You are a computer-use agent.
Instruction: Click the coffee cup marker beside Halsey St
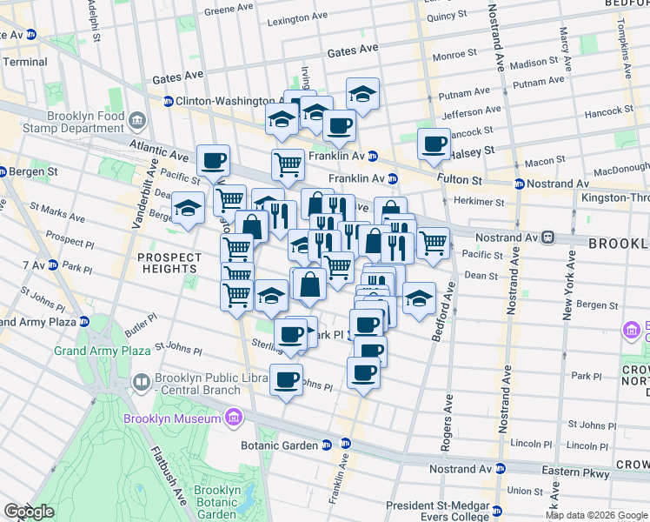click(x=433, y=144)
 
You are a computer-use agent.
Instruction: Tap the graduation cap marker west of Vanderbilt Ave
click(x=188, y=208)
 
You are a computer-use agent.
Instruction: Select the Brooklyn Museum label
click(x=172, y=419)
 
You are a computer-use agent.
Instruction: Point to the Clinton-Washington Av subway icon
click(x=169, y=101)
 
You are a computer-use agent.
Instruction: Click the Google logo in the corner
click(x=29, y=512)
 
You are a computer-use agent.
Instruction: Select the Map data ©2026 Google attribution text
click(x=596, y=515)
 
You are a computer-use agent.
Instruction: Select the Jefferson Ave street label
click(x=471, y=111)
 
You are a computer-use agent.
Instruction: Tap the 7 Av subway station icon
click(x=52, y=264)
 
